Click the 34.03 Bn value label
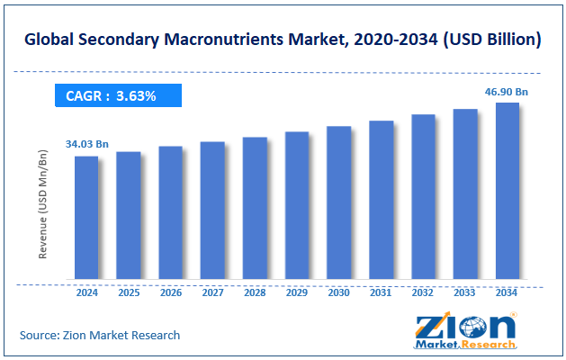[x=86, y=143]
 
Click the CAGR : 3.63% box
[x=118, y=94]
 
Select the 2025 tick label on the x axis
[x=129, y=292]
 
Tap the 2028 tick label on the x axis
[x=255, y=292]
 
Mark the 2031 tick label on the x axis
[x=381, y=292]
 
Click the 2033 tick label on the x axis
[x=465, y=292]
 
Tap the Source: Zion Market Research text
[x=100, y=335]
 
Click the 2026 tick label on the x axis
[x=171, y=292]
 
